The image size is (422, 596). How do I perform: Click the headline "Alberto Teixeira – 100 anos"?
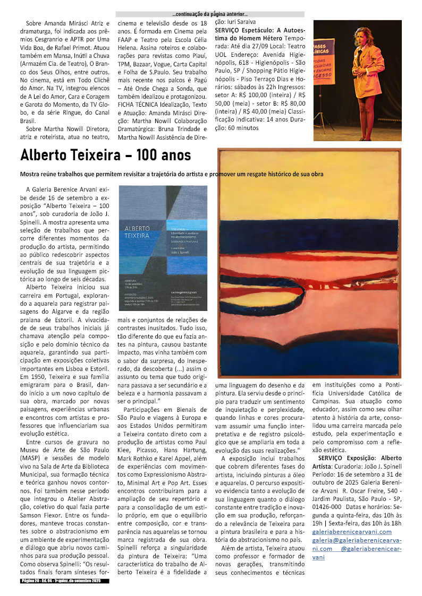[105, 156]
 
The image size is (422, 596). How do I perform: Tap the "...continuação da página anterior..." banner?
[210, 14]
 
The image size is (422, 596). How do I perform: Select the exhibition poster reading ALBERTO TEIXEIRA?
[163, 247]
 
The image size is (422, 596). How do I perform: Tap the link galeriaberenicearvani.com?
[351, 531]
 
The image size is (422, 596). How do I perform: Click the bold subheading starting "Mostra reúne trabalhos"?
[171, 174]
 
